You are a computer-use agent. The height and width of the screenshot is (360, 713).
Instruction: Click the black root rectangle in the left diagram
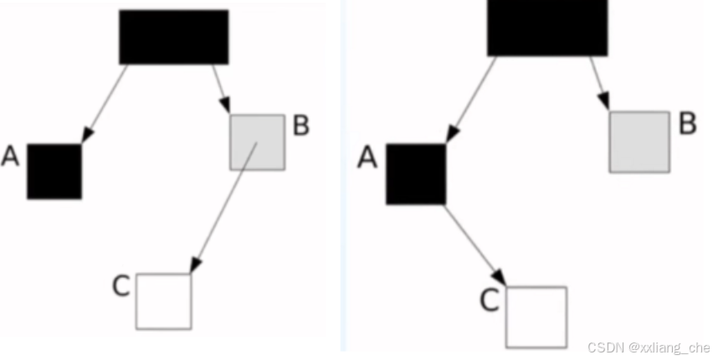pyautogui.click(x=173, y=37)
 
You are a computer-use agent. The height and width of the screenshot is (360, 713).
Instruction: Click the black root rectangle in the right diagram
pyautogui.click(x=547, y=28)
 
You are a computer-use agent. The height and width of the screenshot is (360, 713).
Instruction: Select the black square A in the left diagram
pyautogui.click(x=54, y=172)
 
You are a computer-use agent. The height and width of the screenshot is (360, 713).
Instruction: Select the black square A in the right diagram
pyautogui.click(x=414, y=174)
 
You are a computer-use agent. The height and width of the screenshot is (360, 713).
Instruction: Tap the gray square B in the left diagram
pyautogui.click(x=257, y=142)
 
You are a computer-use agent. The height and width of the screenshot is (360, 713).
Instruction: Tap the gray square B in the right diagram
pyautogui.click(x=639, y=142)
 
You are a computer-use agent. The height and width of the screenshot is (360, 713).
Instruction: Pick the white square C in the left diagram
pyautogui.click(x=164, y=301)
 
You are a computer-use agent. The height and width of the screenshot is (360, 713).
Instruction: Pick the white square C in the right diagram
pyautogui.click(x=536, y=316)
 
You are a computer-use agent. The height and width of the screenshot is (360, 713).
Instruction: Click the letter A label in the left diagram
pyautogui.click(x=11, y=157)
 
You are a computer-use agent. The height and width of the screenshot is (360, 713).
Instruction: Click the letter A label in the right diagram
pyautogui.click(x=367, y=157)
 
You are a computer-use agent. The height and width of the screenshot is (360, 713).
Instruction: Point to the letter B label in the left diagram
pyautogui.click(x=301, y=126)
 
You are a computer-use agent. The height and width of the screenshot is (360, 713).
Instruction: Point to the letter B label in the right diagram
pyautogui.click(x=687, y=125)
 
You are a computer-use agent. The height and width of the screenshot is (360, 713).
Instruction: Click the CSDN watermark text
pyautogui.click(x=648, y=347)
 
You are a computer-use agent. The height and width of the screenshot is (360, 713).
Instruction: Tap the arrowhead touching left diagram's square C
pyautogui.click(x=196, y=265)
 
